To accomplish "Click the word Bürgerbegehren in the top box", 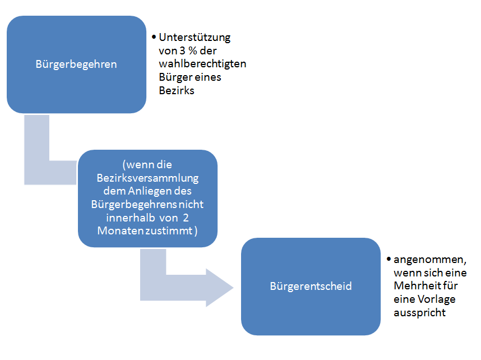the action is coord(76,64).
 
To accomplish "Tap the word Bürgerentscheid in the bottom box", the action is coord(311,286).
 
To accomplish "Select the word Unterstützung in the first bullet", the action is coord(195,38).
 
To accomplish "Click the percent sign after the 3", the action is coord(193,50).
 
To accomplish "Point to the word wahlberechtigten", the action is coord(202,64).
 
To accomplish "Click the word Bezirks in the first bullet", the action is coord(177,90).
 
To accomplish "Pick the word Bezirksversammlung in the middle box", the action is coord(147,178).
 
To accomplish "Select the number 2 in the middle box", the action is coord(186,218).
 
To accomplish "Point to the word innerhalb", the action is coord(131,218).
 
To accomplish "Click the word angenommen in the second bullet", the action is coord(430,260).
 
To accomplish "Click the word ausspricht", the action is coord(420,313).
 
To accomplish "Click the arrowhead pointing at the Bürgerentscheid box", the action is coord(219,288).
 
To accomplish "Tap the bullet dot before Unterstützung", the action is coord(154,37).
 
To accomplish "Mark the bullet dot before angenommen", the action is coord(388,259).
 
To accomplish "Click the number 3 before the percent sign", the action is coord(182,50).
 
